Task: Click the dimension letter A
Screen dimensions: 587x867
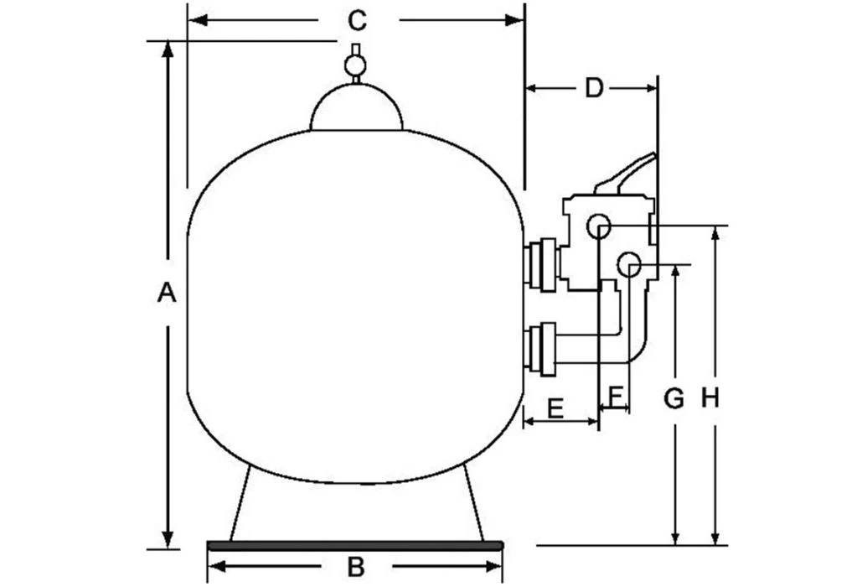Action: [x=168, y=293]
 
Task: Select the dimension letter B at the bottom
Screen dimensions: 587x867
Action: [x=356, y=568]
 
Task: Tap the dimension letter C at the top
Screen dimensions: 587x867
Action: [x=356, y=19]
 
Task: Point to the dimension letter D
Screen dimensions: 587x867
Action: [x=594, y=87]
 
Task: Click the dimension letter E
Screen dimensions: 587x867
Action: [x=555, y=408]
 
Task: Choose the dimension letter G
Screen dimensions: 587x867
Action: [x=674, y=399]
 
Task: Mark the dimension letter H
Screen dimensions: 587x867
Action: [x=710, y=399]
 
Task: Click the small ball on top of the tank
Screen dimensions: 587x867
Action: [x=356, y=65]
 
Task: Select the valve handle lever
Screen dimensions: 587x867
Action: [x=624, y=175]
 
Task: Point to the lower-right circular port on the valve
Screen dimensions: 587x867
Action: [x=628, y=264]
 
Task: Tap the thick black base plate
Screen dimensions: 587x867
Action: [x=355, y=545]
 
